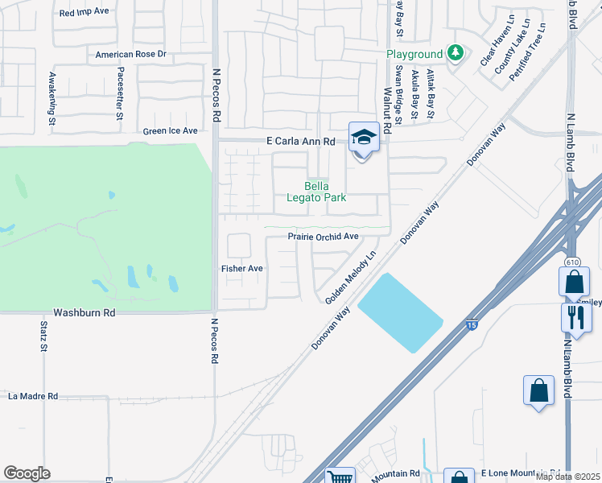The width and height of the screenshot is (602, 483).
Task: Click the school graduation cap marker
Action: (x=364, y=138)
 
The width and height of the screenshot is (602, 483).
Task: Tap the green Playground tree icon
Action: (x=456, y=53)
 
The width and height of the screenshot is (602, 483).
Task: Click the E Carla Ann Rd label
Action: (x=300, y=141)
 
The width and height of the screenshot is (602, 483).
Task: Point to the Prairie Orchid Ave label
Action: (x=323, y=237)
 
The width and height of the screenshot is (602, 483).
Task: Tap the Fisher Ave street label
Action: (x=242, y=268)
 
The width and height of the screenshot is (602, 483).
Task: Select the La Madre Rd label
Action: (x=33, y=396)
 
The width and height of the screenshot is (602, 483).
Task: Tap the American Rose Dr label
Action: (x=130, y=55)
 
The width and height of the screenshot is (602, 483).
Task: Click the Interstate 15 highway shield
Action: (x=472, y=325)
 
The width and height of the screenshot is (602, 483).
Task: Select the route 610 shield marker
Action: (x=572, y=262)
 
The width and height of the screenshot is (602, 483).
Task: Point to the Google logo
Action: (x=27, y=473)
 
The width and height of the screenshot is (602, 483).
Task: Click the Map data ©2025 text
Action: (x=567, y=477)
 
